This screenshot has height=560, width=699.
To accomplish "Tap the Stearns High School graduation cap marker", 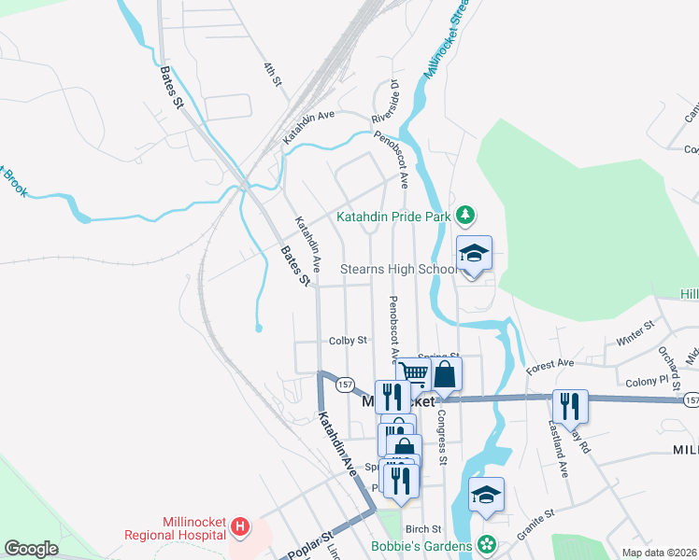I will (x=474, y=254).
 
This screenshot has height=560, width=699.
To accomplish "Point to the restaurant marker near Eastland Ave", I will (x=570, y=407).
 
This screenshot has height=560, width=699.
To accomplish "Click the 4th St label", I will (x=272, y=75).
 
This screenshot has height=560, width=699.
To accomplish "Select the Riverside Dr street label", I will (x=385, y=102).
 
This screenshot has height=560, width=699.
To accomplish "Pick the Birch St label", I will (x=423, y=528).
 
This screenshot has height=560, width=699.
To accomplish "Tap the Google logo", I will (x=31, y=549).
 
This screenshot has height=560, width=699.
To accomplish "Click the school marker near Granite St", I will (x=486, y=496).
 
